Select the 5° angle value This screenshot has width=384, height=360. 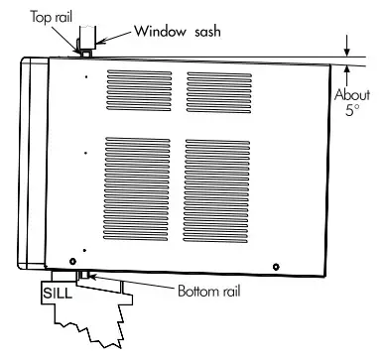click(351, 112)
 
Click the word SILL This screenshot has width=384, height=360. click(57, 295)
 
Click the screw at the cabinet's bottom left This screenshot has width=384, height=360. click(72, 259)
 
